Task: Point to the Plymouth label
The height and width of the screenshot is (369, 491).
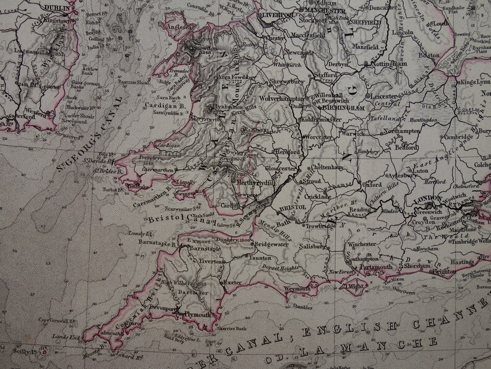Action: coord(197,314)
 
